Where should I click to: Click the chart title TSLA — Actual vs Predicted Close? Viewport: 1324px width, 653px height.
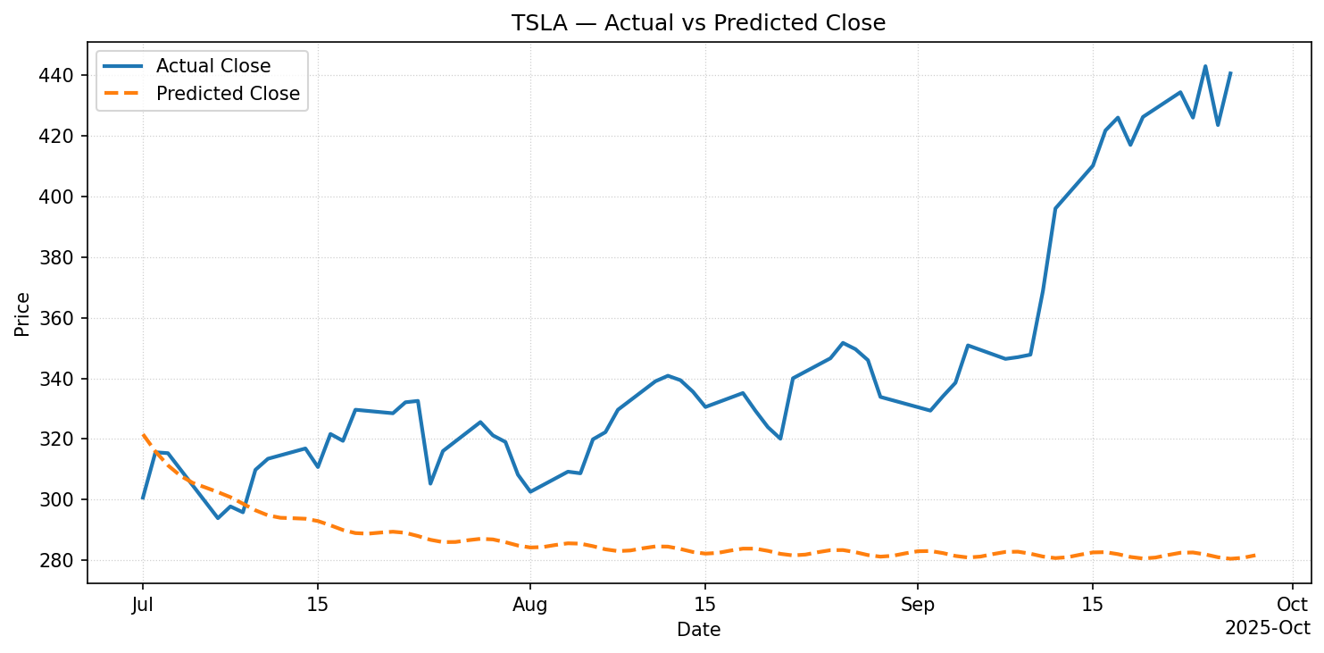pyautogui.click(x=698, y=23)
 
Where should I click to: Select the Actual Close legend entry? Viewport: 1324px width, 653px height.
pyautogui.click(x=212, y=65)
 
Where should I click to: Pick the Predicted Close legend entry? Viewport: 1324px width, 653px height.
pyautogui.click(x=228, y=94)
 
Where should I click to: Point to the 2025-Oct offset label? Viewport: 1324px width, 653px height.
pyautogui.click(x=1267, y=628)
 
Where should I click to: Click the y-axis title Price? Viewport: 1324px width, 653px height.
pyautogui.click(x=22, y=314)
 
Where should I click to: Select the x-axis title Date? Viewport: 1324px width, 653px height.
pyautogui.click(x=698, y=630)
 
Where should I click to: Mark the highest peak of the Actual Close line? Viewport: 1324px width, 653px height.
pyautogui.click(x=1205, y=66)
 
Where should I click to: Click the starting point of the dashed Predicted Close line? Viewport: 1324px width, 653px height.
pyautogui.click(x=143, y=435)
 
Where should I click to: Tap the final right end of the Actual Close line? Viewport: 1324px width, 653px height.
pyautogui.click(x=1230, y=73)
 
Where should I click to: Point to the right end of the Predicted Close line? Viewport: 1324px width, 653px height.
pyautogui.click(x=1255, y=556)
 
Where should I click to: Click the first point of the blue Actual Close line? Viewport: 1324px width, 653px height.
pyautogui.click(x=143, y=498)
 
